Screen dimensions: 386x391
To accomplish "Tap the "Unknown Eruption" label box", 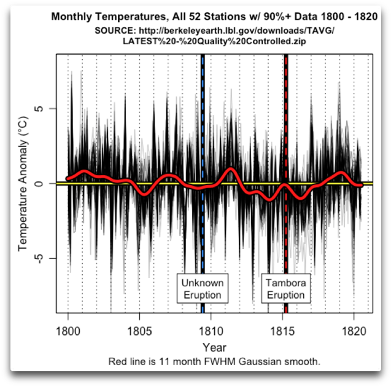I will [x=202, y=289].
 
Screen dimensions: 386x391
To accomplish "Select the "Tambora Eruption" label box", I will [x=285, y=289].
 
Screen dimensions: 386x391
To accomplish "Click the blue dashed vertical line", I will [x=203, y=123].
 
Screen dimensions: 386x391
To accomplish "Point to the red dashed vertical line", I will [x=286, y=123].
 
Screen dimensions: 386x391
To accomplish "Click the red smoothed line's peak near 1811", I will [x=231, y=169].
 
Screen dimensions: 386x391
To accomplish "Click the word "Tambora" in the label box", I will [x=285, y=283].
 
